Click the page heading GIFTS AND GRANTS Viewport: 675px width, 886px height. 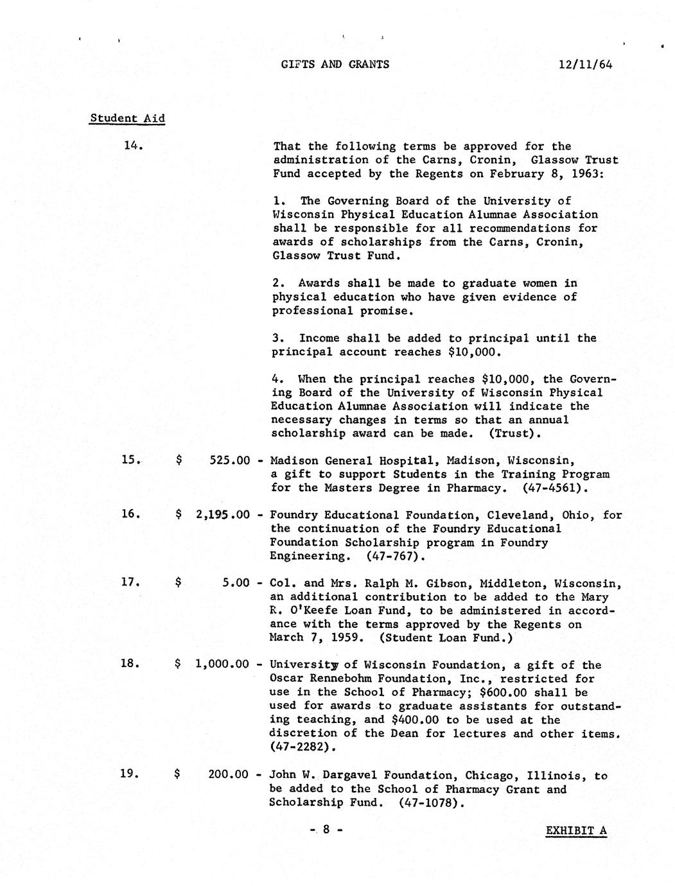point(335,64)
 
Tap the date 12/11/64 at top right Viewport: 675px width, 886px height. point(585,64)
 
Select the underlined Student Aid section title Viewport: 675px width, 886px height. point(127,118)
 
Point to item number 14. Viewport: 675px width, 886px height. point(133,146)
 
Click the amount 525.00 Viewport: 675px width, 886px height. point(230,460)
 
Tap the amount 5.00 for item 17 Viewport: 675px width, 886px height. point(236,583)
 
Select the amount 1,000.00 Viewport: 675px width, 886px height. point(222,664)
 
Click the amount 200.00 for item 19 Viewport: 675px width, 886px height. point(229,775)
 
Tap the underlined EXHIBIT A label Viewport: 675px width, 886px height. point(576,831)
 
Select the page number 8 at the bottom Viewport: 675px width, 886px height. point(326,830)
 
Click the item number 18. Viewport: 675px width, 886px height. point(130,664)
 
